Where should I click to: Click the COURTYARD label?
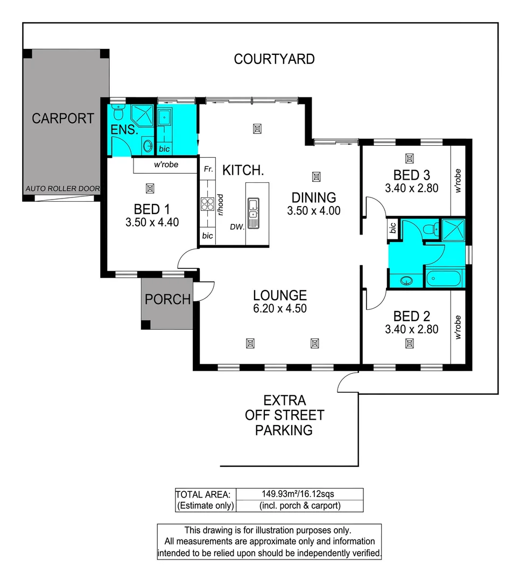click(x=274, y=59)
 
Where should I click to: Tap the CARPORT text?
click(x=63, y=118)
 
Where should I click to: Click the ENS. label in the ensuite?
click(x=124, y=130)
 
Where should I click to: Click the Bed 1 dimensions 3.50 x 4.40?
click(x=152, y=222)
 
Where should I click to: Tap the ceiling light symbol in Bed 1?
click(x=150, y=188)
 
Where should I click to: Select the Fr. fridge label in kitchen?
click(x=207, y=169)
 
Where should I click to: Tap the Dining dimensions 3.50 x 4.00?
click(x=314, y=211)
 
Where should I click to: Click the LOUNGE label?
click(x=280, y=295)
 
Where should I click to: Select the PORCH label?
click(x=168, y=299)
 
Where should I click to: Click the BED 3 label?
click(x=411, y=175)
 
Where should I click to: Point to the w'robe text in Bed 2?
click(x=459, y=327)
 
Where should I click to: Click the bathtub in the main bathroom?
click(x=443, y=279)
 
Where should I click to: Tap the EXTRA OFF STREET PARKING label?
click(x=284, y=415)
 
